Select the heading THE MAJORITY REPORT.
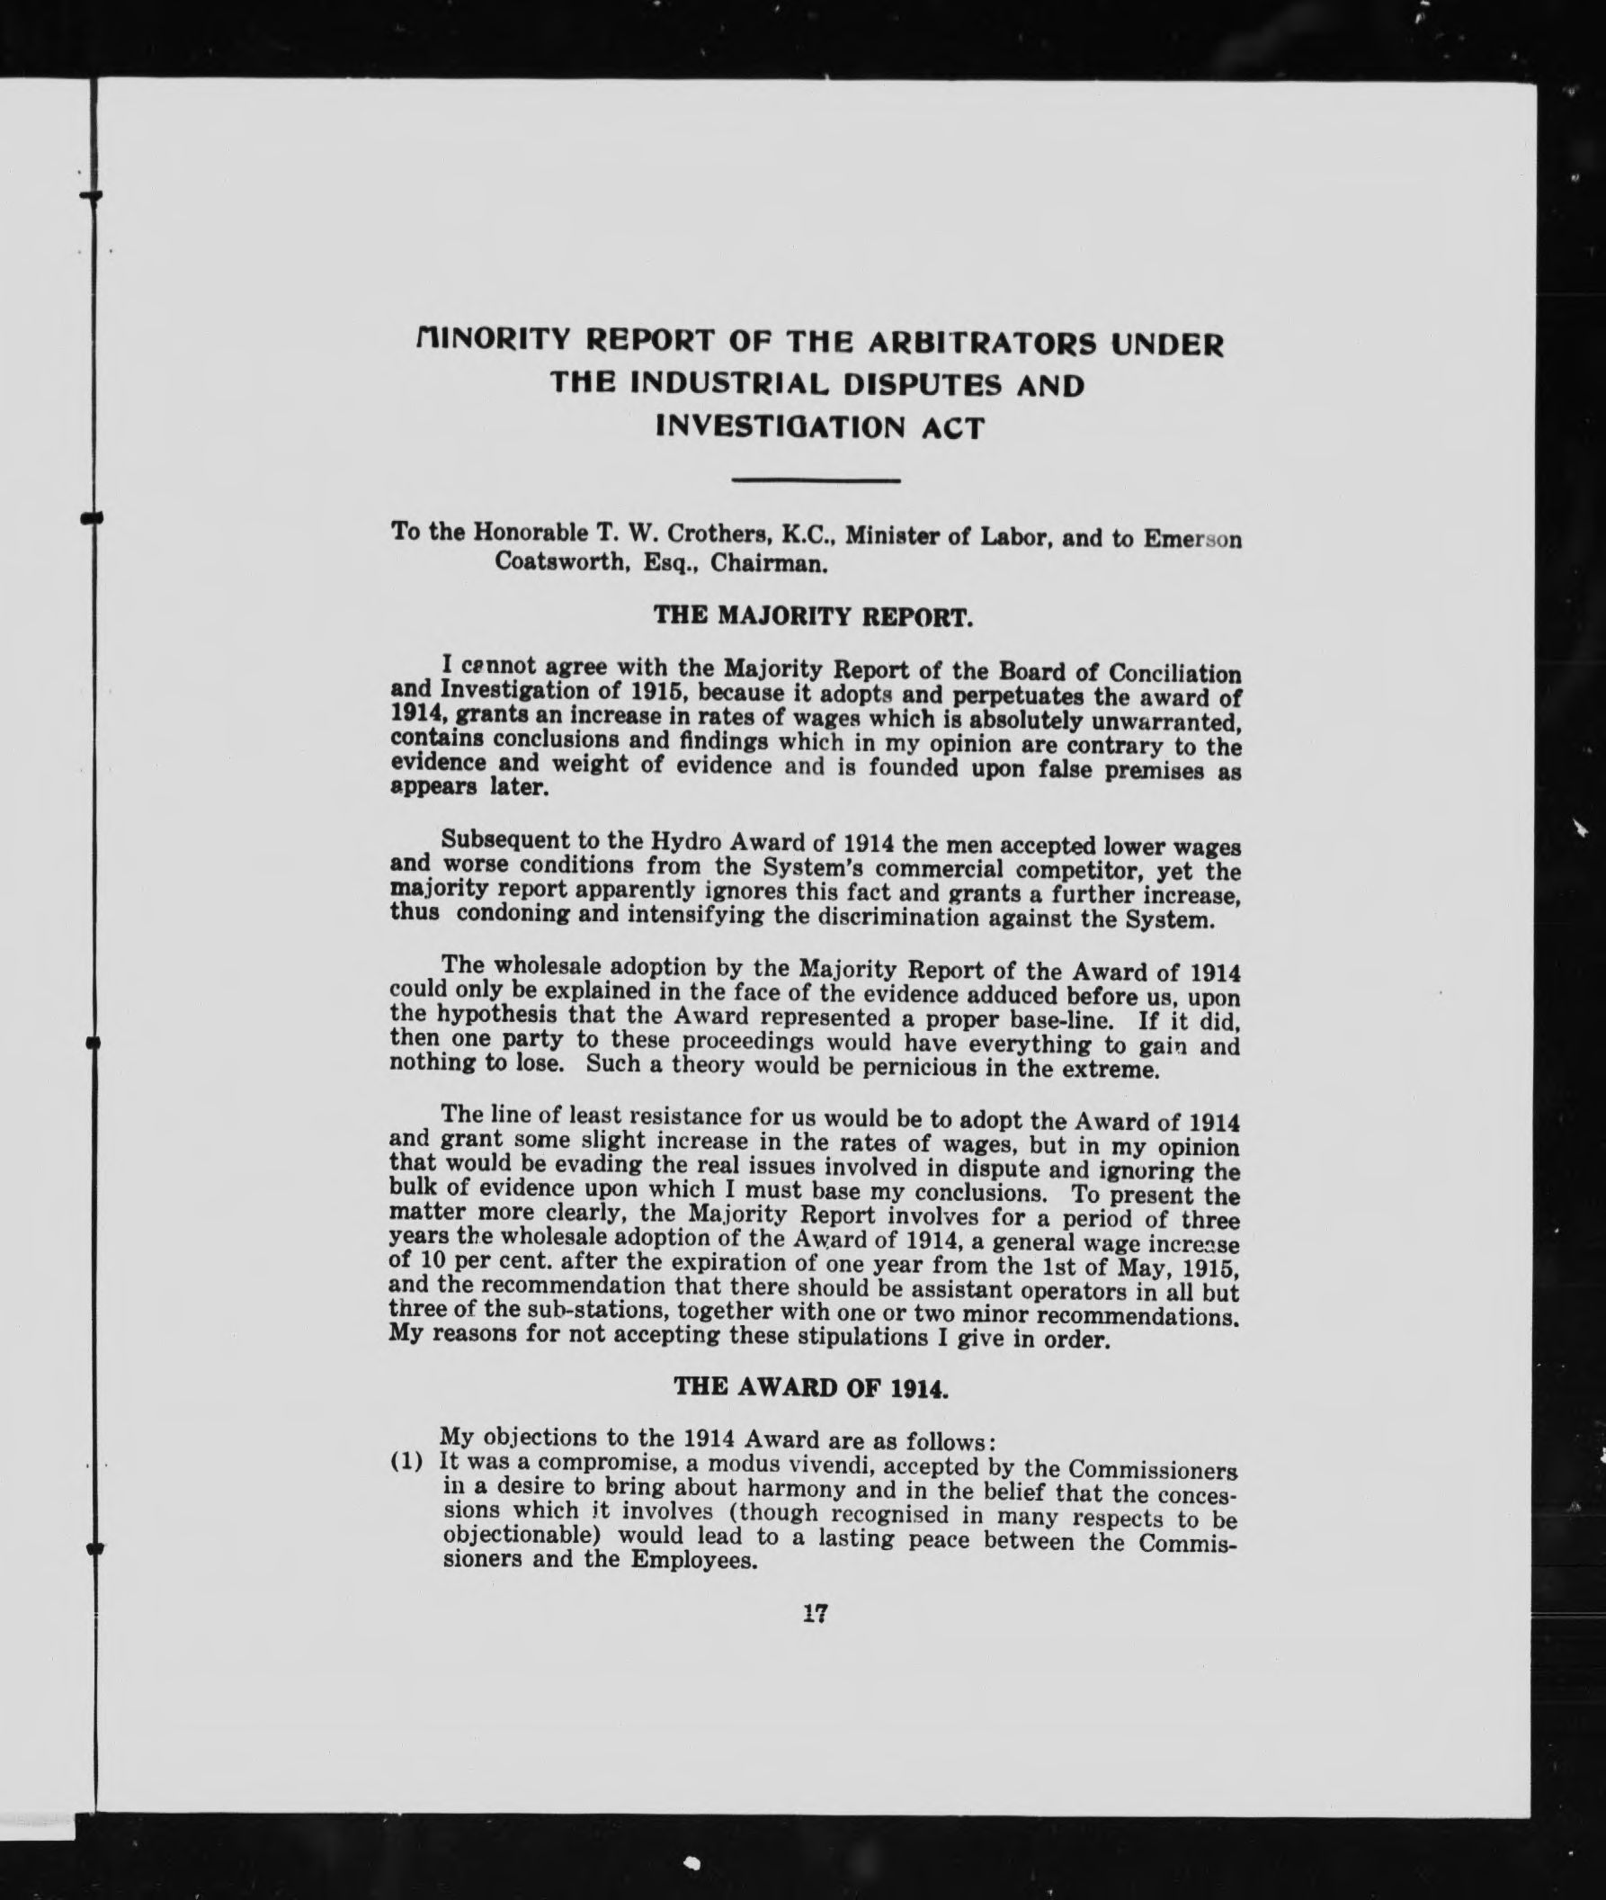(814, 616)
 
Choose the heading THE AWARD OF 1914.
(811, 1387)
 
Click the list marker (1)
(407, 1463)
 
